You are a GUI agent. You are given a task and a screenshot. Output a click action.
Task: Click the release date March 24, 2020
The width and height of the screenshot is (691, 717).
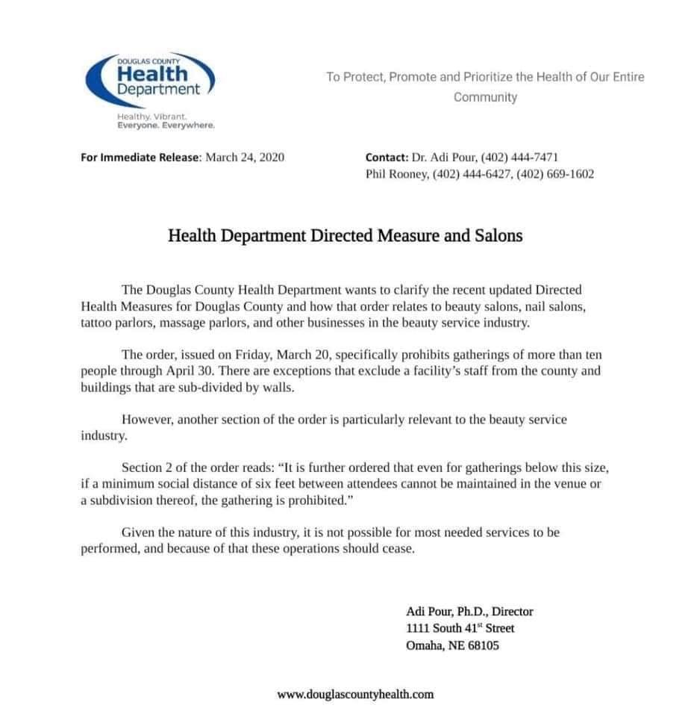(245, 158)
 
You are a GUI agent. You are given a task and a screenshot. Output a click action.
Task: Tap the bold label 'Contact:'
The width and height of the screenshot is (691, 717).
(386, 158)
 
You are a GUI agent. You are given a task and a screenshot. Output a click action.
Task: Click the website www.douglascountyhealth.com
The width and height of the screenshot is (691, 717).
(355, 694)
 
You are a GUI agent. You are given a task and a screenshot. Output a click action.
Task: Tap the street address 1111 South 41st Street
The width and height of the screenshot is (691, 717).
(460, 628)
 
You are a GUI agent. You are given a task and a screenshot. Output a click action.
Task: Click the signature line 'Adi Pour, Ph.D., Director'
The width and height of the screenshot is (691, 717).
(469, 611)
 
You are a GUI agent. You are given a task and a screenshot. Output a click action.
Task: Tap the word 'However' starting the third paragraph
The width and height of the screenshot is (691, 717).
(145, 420)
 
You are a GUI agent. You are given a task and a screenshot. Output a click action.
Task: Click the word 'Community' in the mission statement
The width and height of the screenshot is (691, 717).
(485, 97)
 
